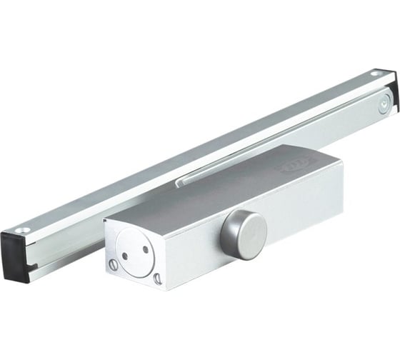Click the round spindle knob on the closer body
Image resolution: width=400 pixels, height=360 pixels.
point(247,235)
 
